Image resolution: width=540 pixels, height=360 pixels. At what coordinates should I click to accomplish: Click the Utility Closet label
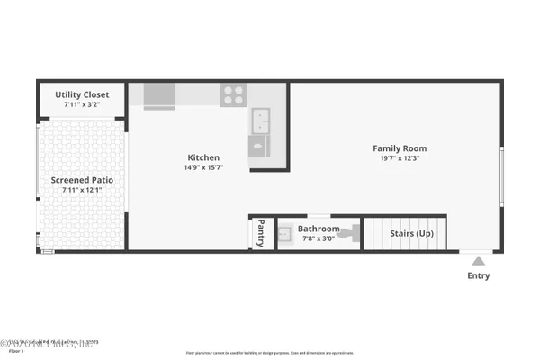82,94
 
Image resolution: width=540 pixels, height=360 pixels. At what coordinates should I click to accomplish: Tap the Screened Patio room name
82,180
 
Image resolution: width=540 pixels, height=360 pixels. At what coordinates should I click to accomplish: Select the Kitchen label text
202,157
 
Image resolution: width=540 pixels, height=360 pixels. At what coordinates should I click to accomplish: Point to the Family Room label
400,148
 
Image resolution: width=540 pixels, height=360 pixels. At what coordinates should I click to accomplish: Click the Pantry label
261,231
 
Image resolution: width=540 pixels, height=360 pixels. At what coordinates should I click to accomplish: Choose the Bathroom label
319,229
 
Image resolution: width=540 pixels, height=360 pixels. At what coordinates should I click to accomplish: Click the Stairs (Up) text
411,233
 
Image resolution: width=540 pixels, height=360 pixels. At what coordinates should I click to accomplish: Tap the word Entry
479,275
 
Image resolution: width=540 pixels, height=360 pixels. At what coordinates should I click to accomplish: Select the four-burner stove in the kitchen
234,94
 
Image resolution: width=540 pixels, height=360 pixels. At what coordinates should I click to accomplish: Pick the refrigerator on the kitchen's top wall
159,94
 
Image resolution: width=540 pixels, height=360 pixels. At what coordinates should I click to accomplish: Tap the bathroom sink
287,233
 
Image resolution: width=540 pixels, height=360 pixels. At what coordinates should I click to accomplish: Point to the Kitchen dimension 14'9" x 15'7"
202,167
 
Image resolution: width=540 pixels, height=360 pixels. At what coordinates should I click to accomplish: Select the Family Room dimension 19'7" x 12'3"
400,158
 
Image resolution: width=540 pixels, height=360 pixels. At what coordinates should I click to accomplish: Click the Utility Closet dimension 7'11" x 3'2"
82,104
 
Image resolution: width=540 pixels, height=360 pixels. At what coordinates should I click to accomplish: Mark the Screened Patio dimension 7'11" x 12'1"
82,190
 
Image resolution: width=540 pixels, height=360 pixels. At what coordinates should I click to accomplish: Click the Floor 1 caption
14,350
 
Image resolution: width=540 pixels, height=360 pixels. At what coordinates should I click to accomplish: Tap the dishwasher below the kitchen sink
259,146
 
